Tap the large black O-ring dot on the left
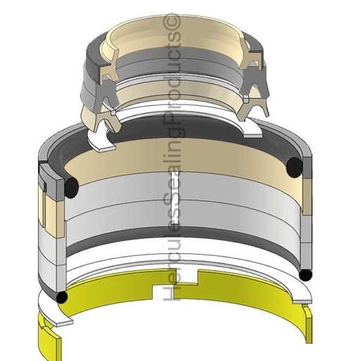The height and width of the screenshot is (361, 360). pos(71,188)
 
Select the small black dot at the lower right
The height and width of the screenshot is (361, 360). pos(305,274)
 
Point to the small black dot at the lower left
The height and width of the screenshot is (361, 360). pos(62,297)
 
